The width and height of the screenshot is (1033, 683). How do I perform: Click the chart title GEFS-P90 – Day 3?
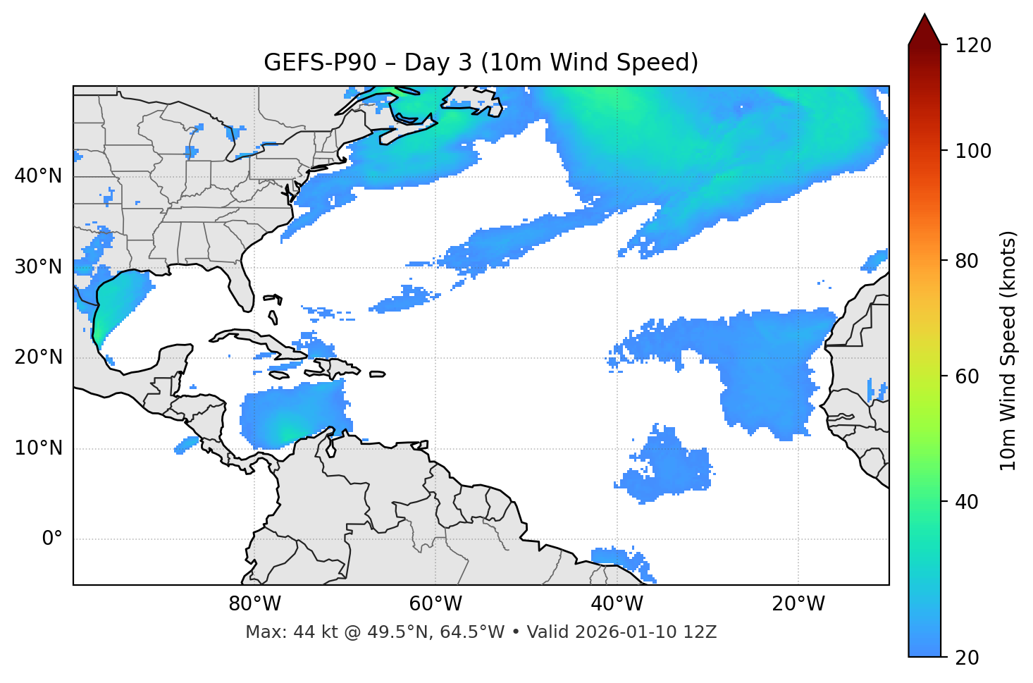pos(481,63)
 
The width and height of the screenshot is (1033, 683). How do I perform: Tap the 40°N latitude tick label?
pos(38,176)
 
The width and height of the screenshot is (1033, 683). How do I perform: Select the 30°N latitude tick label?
pos(38,267)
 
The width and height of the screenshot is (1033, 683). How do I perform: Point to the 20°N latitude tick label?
pos(38,357)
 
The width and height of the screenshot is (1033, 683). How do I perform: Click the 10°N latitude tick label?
pos(38,448)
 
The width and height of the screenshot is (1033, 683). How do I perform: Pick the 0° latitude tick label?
pos(51,539)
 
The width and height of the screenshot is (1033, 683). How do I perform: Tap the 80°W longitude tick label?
pos(254,604)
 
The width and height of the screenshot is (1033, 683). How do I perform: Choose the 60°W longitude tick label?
pos(435,604)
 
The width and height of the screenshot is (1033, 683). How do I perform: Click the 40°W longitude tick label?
pos(617,604)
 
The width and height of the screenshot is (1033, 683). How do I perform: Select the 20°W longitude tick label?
pos(798,604)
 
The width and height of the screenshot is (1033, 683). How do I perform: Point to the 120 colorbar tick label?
pos(973,45)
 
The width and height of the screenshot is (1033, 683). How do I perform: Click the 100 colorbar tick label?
pos(973,151)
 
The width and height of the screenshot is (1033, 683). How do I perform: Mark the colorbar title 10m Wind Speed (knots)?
pos(1008,351)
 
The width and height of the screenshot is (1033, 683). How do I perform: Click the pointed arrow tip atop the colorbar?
pos(924,16)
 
